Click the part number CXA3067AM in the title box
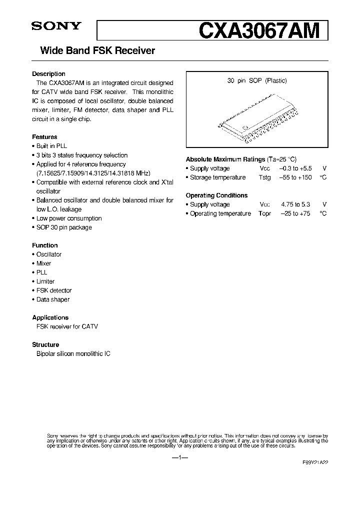pos(258,31)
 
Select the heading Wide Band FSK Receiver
pos(93,51)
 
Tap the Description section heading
pos(48,74)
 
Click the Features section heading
pos(44,137)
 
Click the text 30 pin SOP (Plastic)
pos(257,80)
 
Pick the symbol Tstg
pos(265,177)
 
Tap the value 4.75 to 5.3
pos(295,204)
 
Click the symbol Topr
pos(265,213)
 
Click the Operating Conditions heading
pos(216,195)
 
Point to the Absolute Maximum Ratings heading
pos(225,159)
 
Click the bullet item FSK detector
pos(53,290)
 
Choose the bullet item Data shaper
pos(52,299)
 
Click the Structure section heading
pos(45,345)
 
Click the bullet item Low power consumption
pos(68,218)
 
